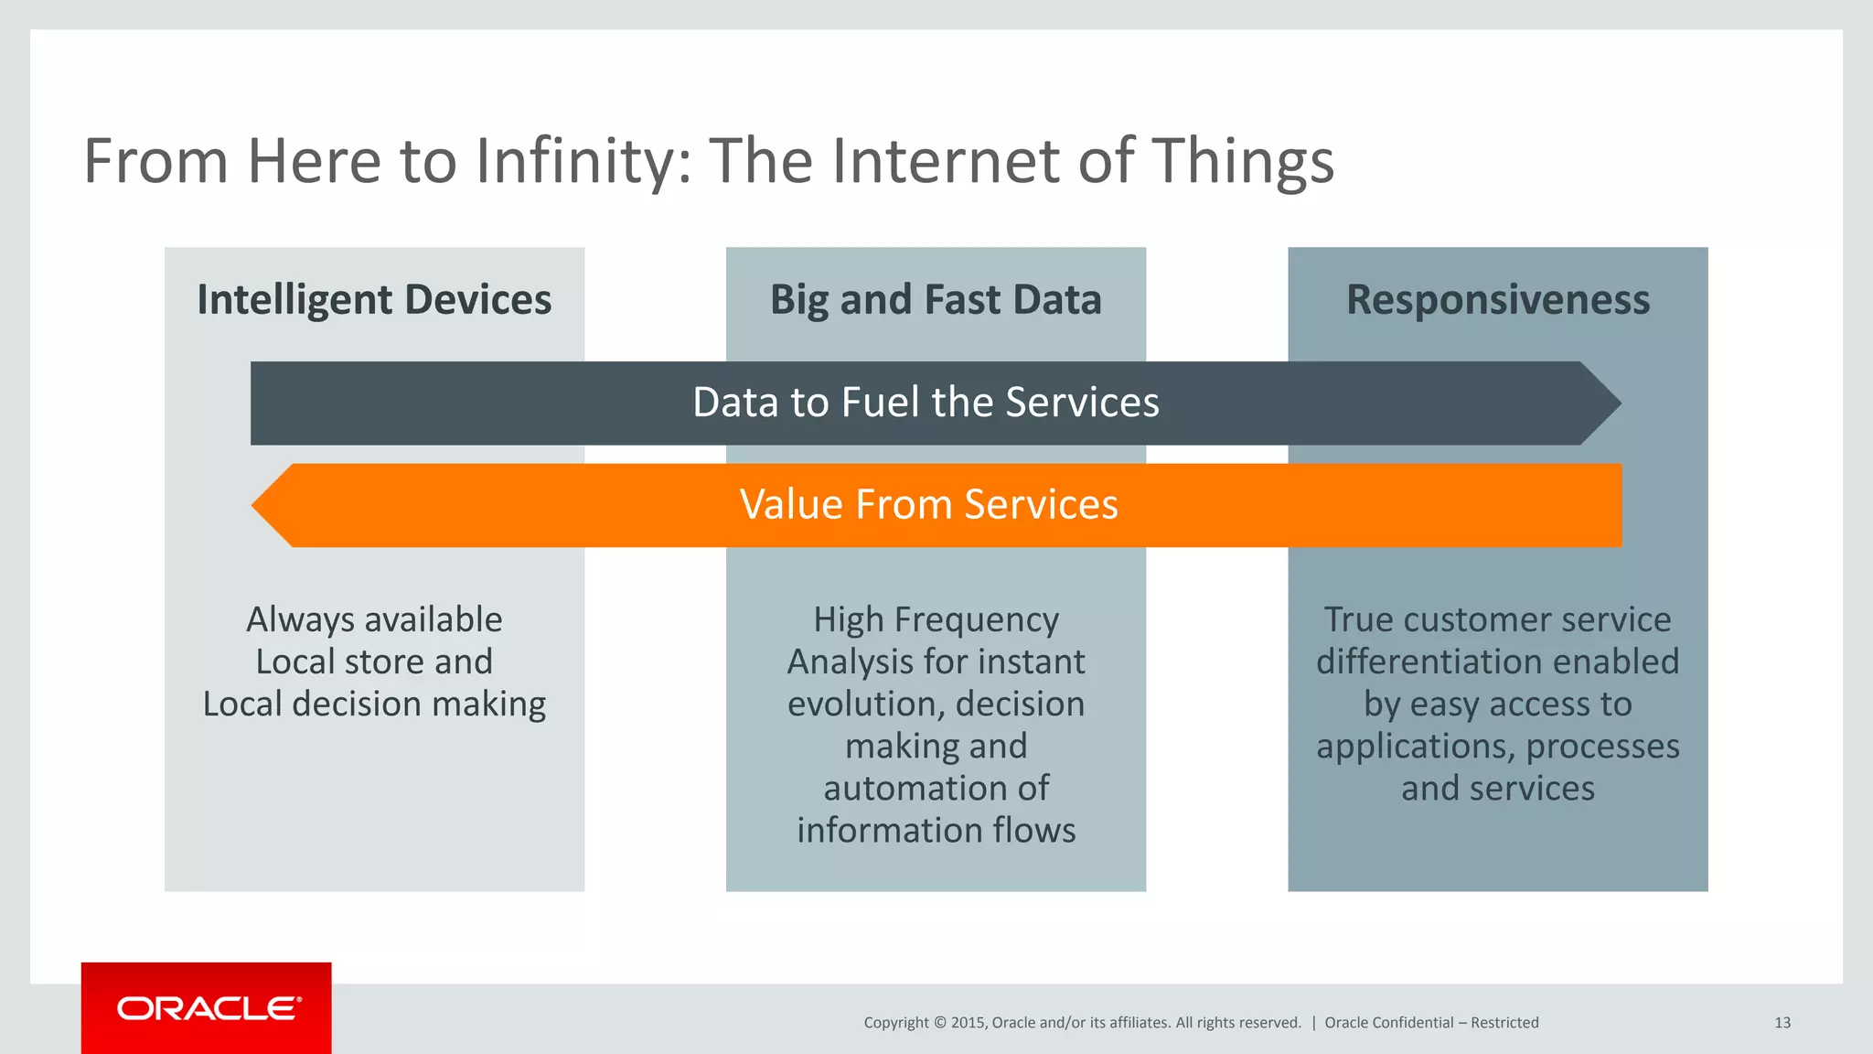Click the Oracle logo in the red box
(208, 1008)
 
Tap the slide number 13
(1782, 1023)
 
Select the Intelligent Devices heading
(374, 300)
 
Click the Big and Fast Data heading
(936, 300)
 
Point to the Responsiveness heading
(1497, 300)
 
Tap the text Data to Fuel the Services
(926, 403)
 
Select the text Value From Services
(928, 505)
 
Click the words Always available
(374, 620)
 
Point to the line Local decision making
(374, 704)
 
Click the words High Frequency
(936, 620)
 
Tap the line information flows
(936, 831)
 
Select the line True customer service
(1497, 620)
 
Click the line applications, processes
(1497, 747)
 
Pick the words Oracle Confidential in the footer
(1388, 1023)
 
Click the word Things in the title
(1242, 161)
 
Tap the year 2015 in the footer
(968, 1023)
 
